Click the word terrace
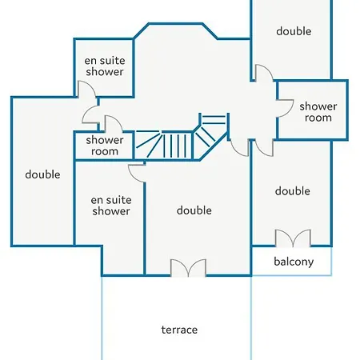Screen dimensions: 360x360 [x=179, y=330]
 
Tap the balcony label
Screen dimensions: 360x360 [x=294, y=262]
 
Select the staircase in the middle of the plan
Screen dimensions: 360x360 [x=182, y=137]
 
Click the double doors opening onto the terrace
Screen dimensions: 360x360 [x=188, y=267]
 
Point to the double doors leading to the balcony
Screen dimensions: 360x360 [x=293, y=238]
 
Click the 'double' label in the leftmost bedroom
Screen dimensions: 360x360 [x=42, y=174]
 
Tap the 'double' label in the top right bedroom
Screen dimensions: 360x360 [x=294, y=31]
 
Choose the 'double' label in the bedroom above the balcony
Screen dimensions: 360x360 [x=293, y=191]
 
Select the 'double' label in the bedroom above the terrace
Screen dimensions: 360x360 [x=194, y=210]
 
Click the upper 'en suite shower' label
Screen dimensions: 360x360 [x=105, y=66]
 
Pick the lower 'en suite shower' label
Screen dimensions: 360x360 [x=111, y=206]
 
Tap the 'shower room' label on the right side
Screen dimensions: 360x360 [x=318, y=112]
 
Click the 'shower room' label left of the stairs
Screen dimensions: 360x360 [x=105, y=146]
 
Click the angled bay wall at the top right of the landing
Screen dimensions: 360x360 [x=210, y=31]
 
